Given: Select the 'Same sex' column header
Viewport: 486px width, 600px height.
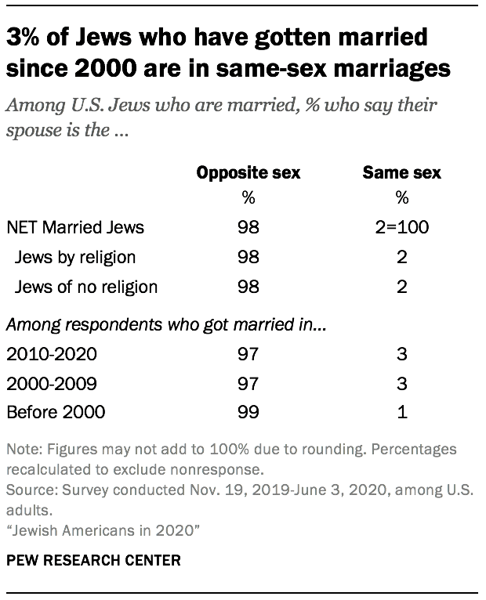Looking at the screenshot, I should (x=402, y=173).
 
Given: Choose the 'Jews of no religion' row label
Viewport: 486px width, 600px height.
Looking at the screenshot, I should (x=86, y=286).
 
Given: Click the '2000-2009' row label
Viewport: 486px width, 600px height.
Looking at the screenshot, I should (x=51, y=383).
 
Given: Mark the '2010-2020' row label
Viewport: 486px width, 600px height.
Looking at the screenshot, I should (x=51, y=354).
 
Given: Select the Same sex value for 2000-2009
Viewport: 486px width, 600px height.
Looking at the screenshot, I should (x=402, y=383).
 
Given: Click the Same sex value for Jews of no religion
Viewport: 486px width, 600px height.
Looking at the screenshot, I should (x=402, y=286).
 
